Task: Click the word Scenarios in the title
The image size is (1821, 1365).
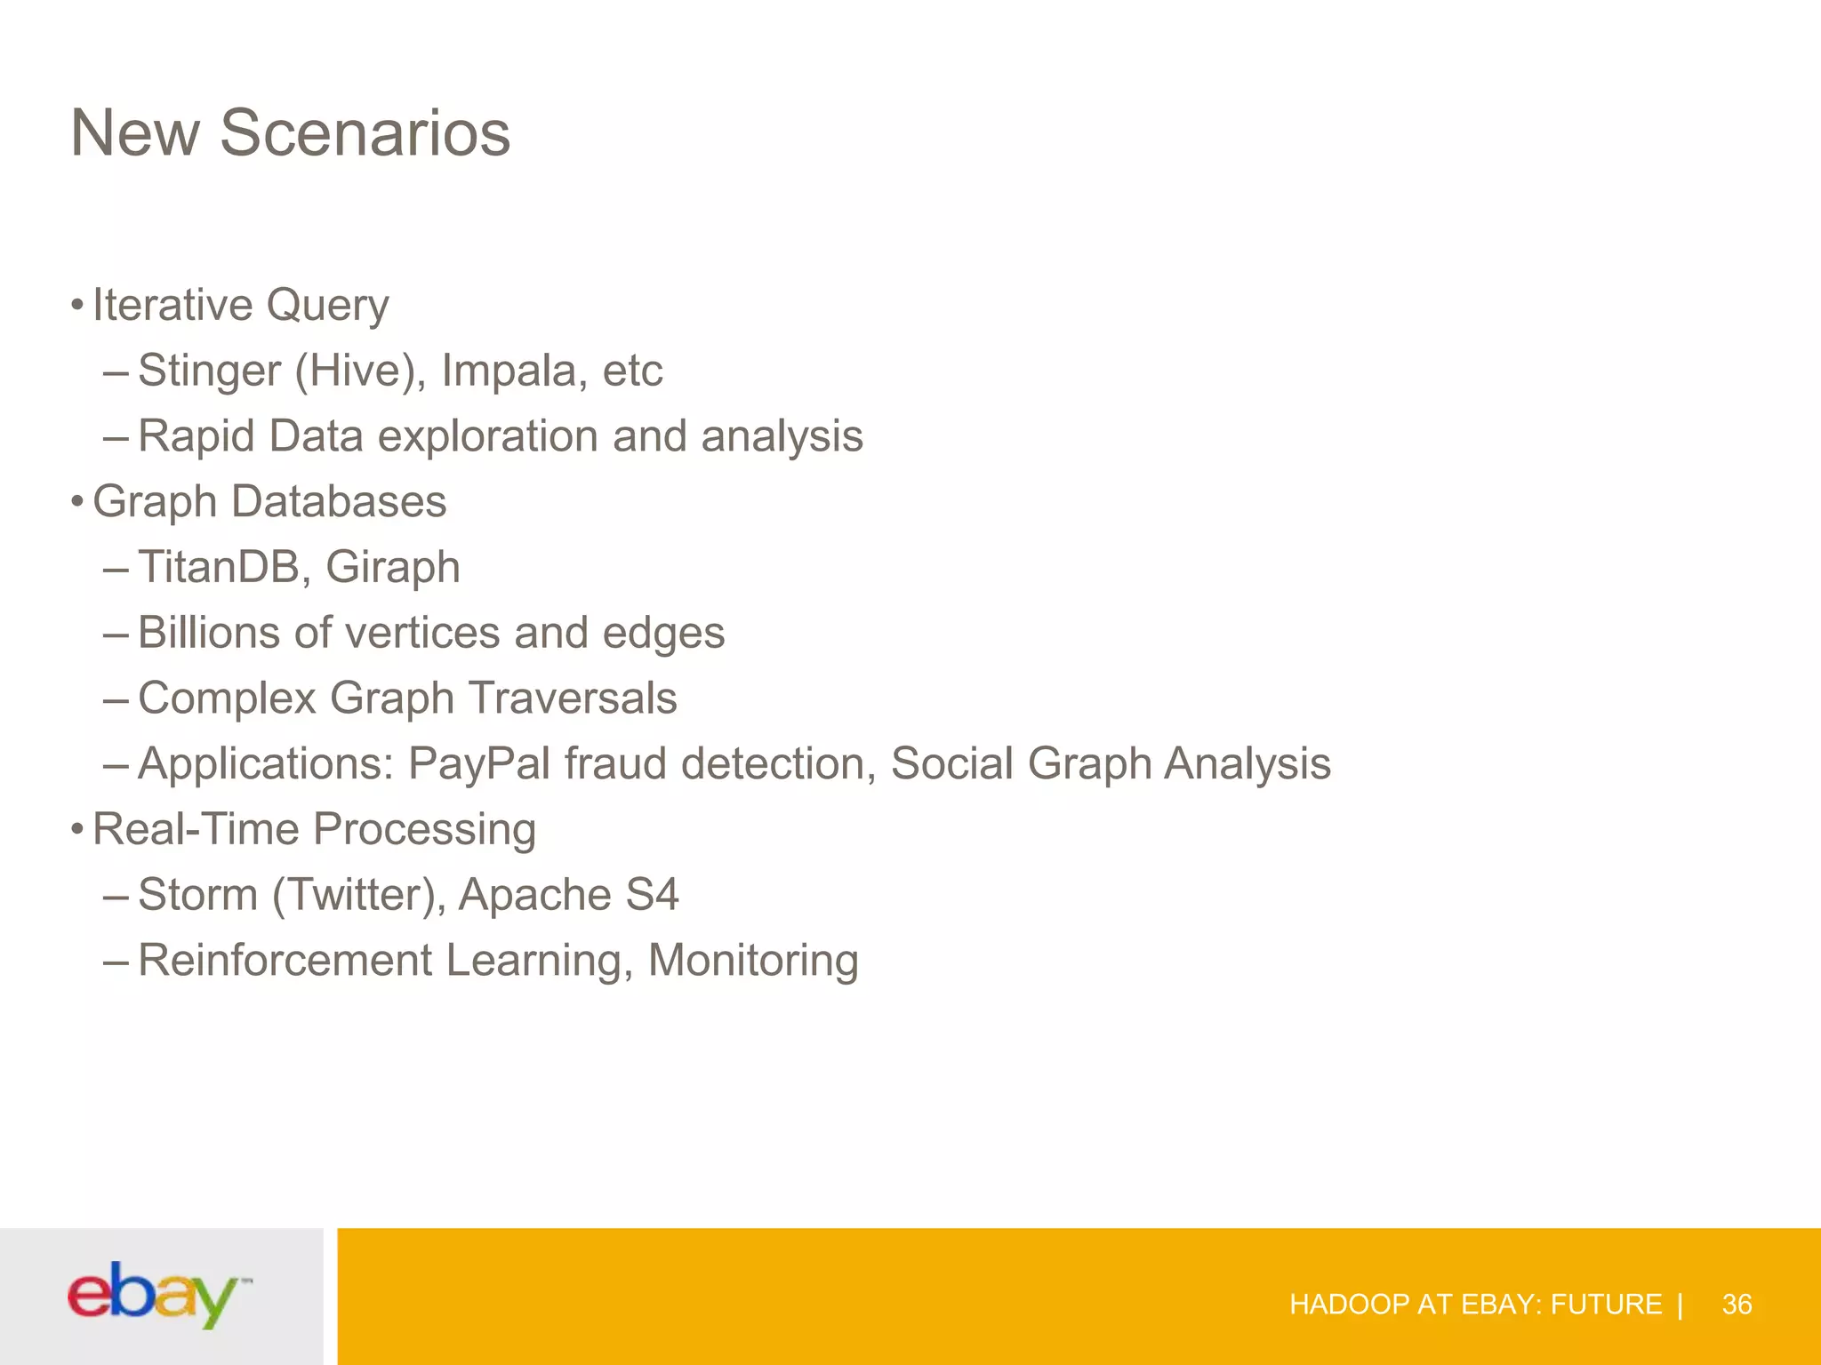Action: click(365, 133)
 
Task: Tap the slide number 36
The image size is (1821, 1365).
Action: click(1737, 1305)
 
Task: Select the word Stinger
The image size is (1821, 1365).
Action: click(209, 371)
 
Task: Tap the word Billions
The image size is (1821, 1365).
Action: click(209, 633)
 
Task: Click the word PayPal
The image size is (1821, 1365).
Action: click(479, 764)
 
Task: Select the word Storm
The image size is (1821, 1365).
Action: click(197, 895)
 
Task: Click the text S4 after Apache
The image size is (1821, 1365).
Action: click(652, 895)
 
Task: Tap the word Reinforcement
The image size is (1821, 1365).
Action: click(285, 961)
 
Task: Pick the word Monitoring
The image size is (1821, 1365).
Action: click(753, 961)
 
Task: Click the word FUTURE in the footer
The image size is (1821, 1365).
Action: click(1606, 1305)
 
